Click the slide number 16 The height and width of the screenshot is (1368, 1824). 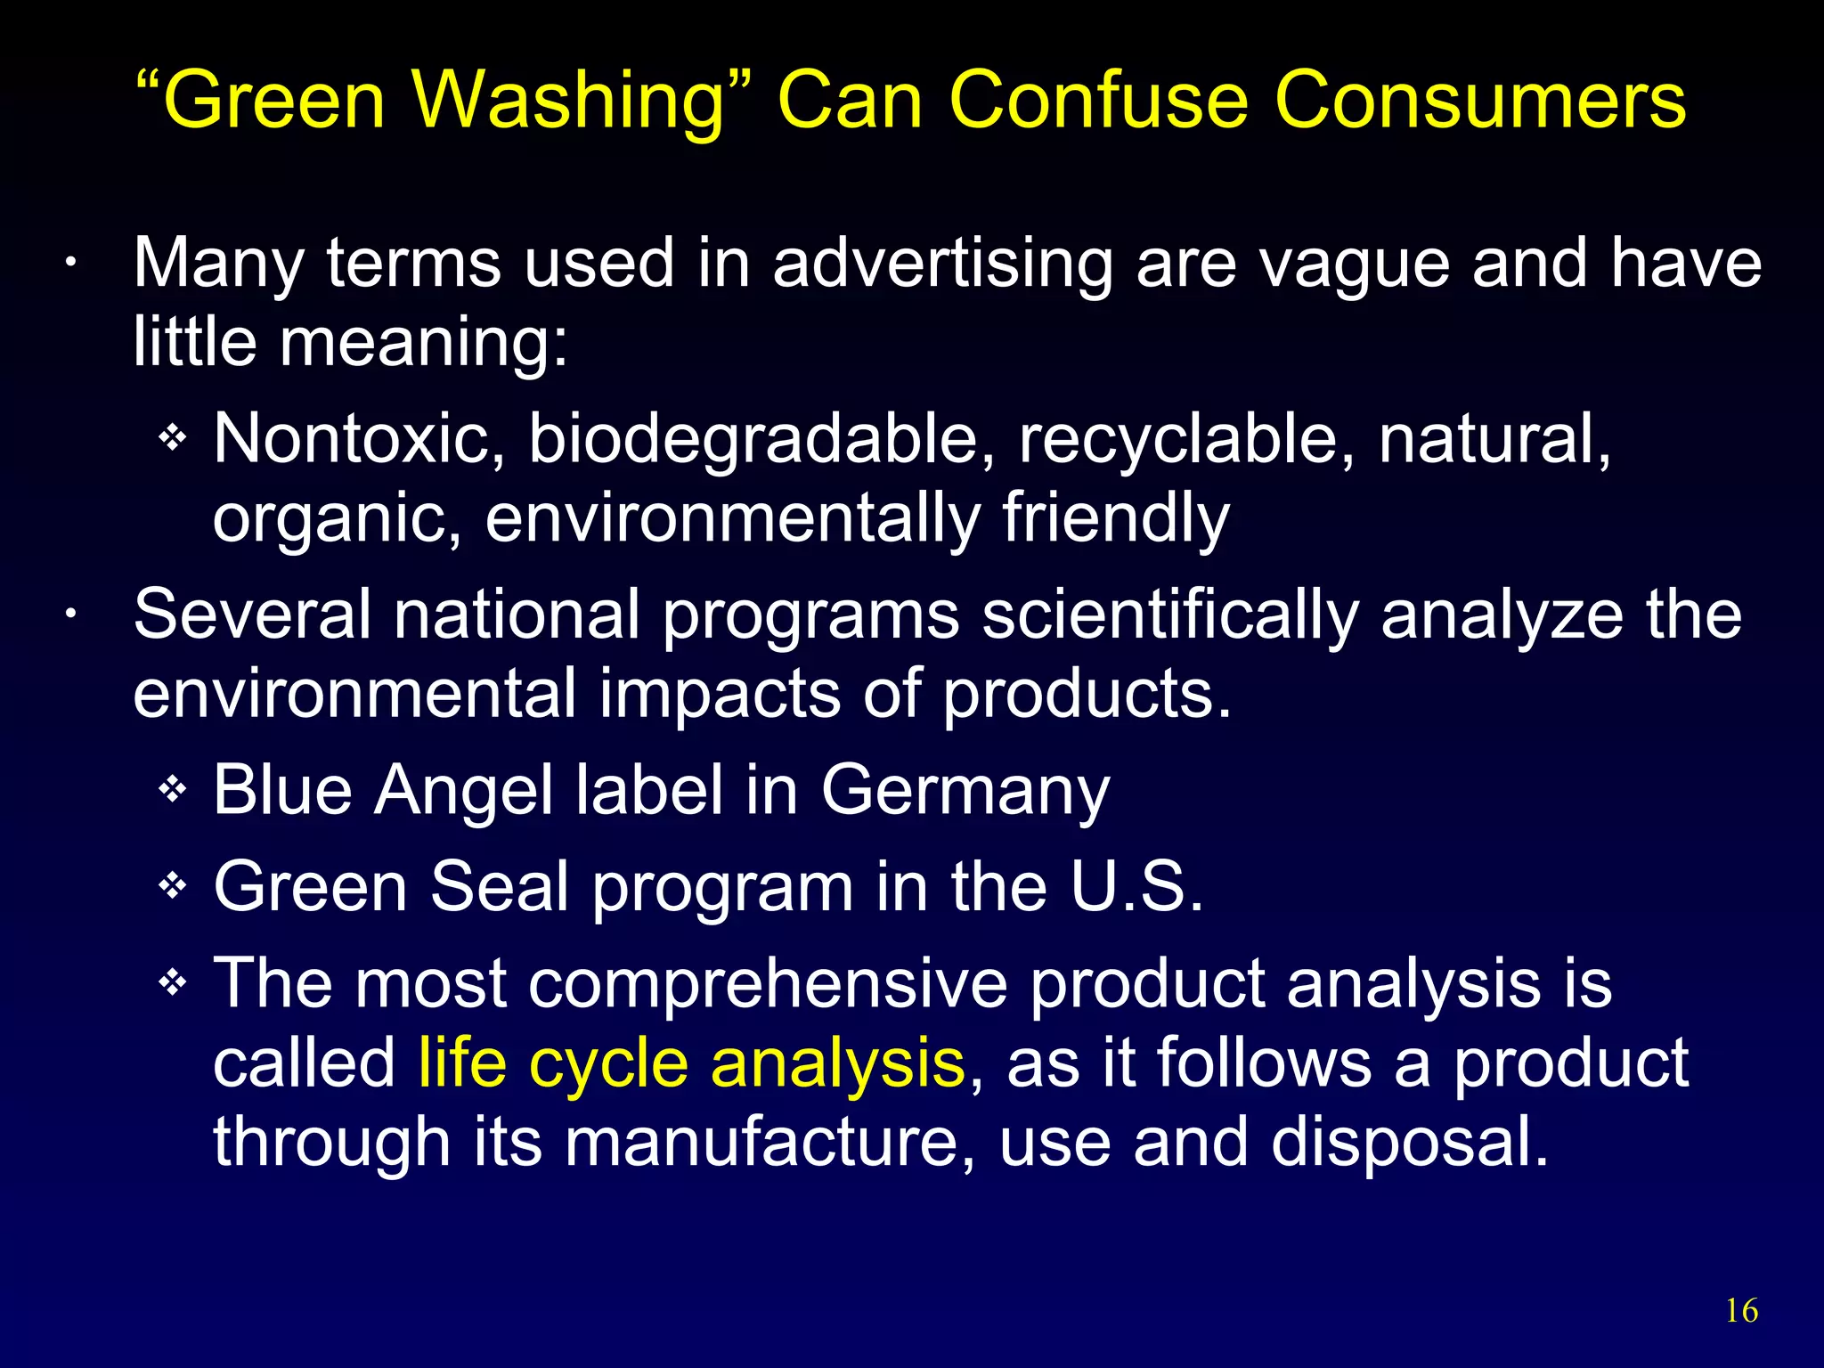(1741, 1311)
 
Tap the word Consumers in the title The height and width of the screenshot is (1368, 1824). (1479, 100)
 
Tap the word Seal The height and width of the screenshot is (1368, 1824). (500, 887)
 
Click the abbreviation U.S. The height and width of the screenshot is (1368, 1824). (1136, 887)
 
